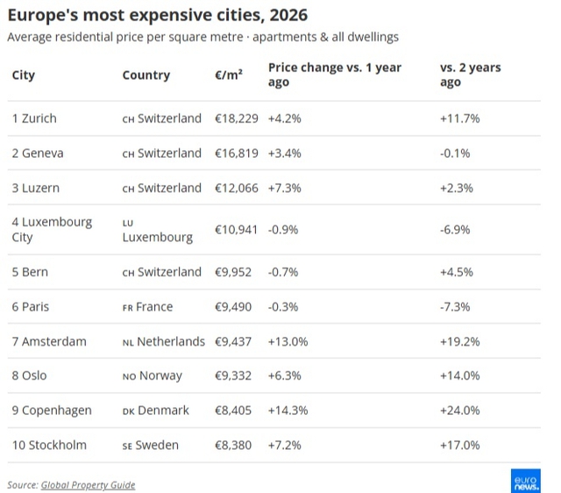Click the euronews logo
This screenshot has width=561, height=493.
[x=526, y=481]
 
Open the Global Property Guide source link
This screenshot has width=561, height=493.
[x=88, y=485]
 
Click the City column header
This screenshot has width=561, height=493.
[x=24, y=75]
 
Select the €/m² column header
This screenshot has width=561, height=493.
[x=229, y=75]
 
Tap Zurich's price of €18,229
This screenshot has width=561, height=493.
[x=237, y=118]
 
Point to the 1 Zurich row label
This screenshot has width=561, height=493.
[x=34, y=118]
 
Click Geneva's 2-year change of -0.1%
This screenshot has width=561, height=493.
[x=455, y=154]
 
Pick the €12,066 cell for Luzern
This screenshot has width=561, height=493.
[x=237, y=188]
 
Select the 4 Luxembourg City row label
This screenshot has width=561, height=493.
[x=52, y=230]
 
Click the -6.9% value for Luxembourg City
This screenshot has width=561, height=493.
[x=455, y=230]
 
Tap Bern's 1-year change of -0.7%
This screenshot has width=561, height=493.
[x=283, y=272]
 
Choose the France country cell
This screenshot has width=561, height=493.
[x=147, y=307]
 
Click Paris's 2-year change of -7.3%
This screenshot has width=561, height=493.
[x=455, y=307]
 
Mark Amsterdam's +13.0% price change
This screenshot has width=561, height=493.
[x=288, y=341]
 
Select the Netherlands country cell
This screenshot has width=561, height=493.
[x=164, y=341]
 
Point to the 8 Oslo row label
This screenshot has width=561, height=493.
[x=29, y=375]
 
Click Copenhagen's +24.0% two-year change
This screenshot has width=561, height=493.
[x=460, y=411]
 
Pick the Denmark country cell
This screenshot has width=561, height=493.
[x=156, y=411]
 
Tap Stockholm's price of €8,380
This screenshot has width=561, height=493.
[x=233, y=445]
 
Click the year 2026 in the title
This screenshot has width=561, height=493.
[x=288, y=15]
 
